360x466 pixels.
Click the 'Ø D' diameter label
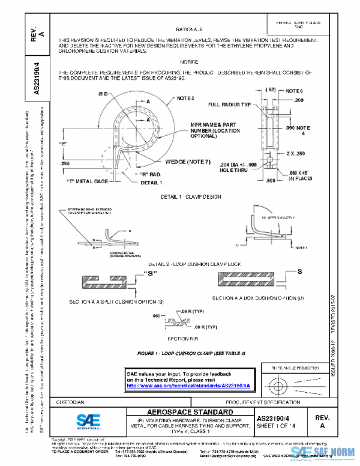(103, 94)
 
